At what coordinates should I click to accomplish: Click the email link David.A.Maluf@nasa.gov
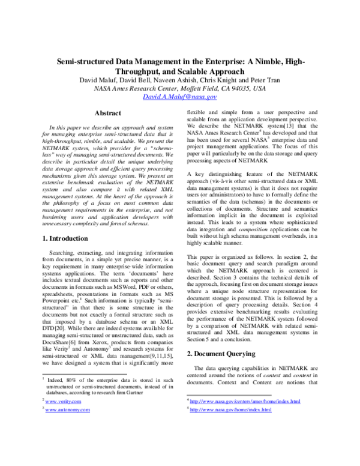tap(181, 96)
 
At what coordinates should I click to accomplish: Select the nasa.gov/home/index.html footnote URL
tap(230, 410)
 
